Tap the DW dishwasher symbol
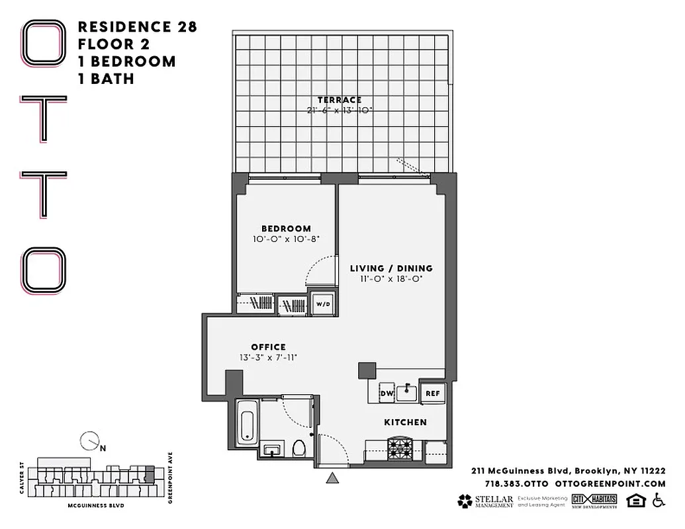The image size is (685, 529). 386,393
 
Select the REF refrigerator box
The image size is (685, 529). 433,393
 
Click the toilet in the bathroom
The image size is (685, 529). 299,448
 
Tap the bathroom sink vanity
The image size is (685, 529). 272,450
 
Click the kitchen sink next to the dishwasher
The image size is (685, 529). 406,393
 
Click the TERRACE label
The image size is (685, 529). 340,100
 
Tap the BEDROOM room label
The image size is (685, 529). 286,229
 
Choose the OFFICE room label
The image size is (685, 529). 268,347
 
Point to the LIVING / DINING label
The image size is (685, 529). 391,268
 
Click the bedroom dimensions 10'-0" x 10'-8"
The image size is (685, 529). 286,239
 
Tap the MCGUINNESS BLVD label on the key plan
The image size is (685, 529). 96,505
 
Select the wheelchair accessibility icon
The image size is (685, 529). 658,501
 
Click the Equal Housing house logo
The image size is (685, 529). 635,501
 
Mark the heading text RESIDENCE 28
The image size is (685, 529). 137,27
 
